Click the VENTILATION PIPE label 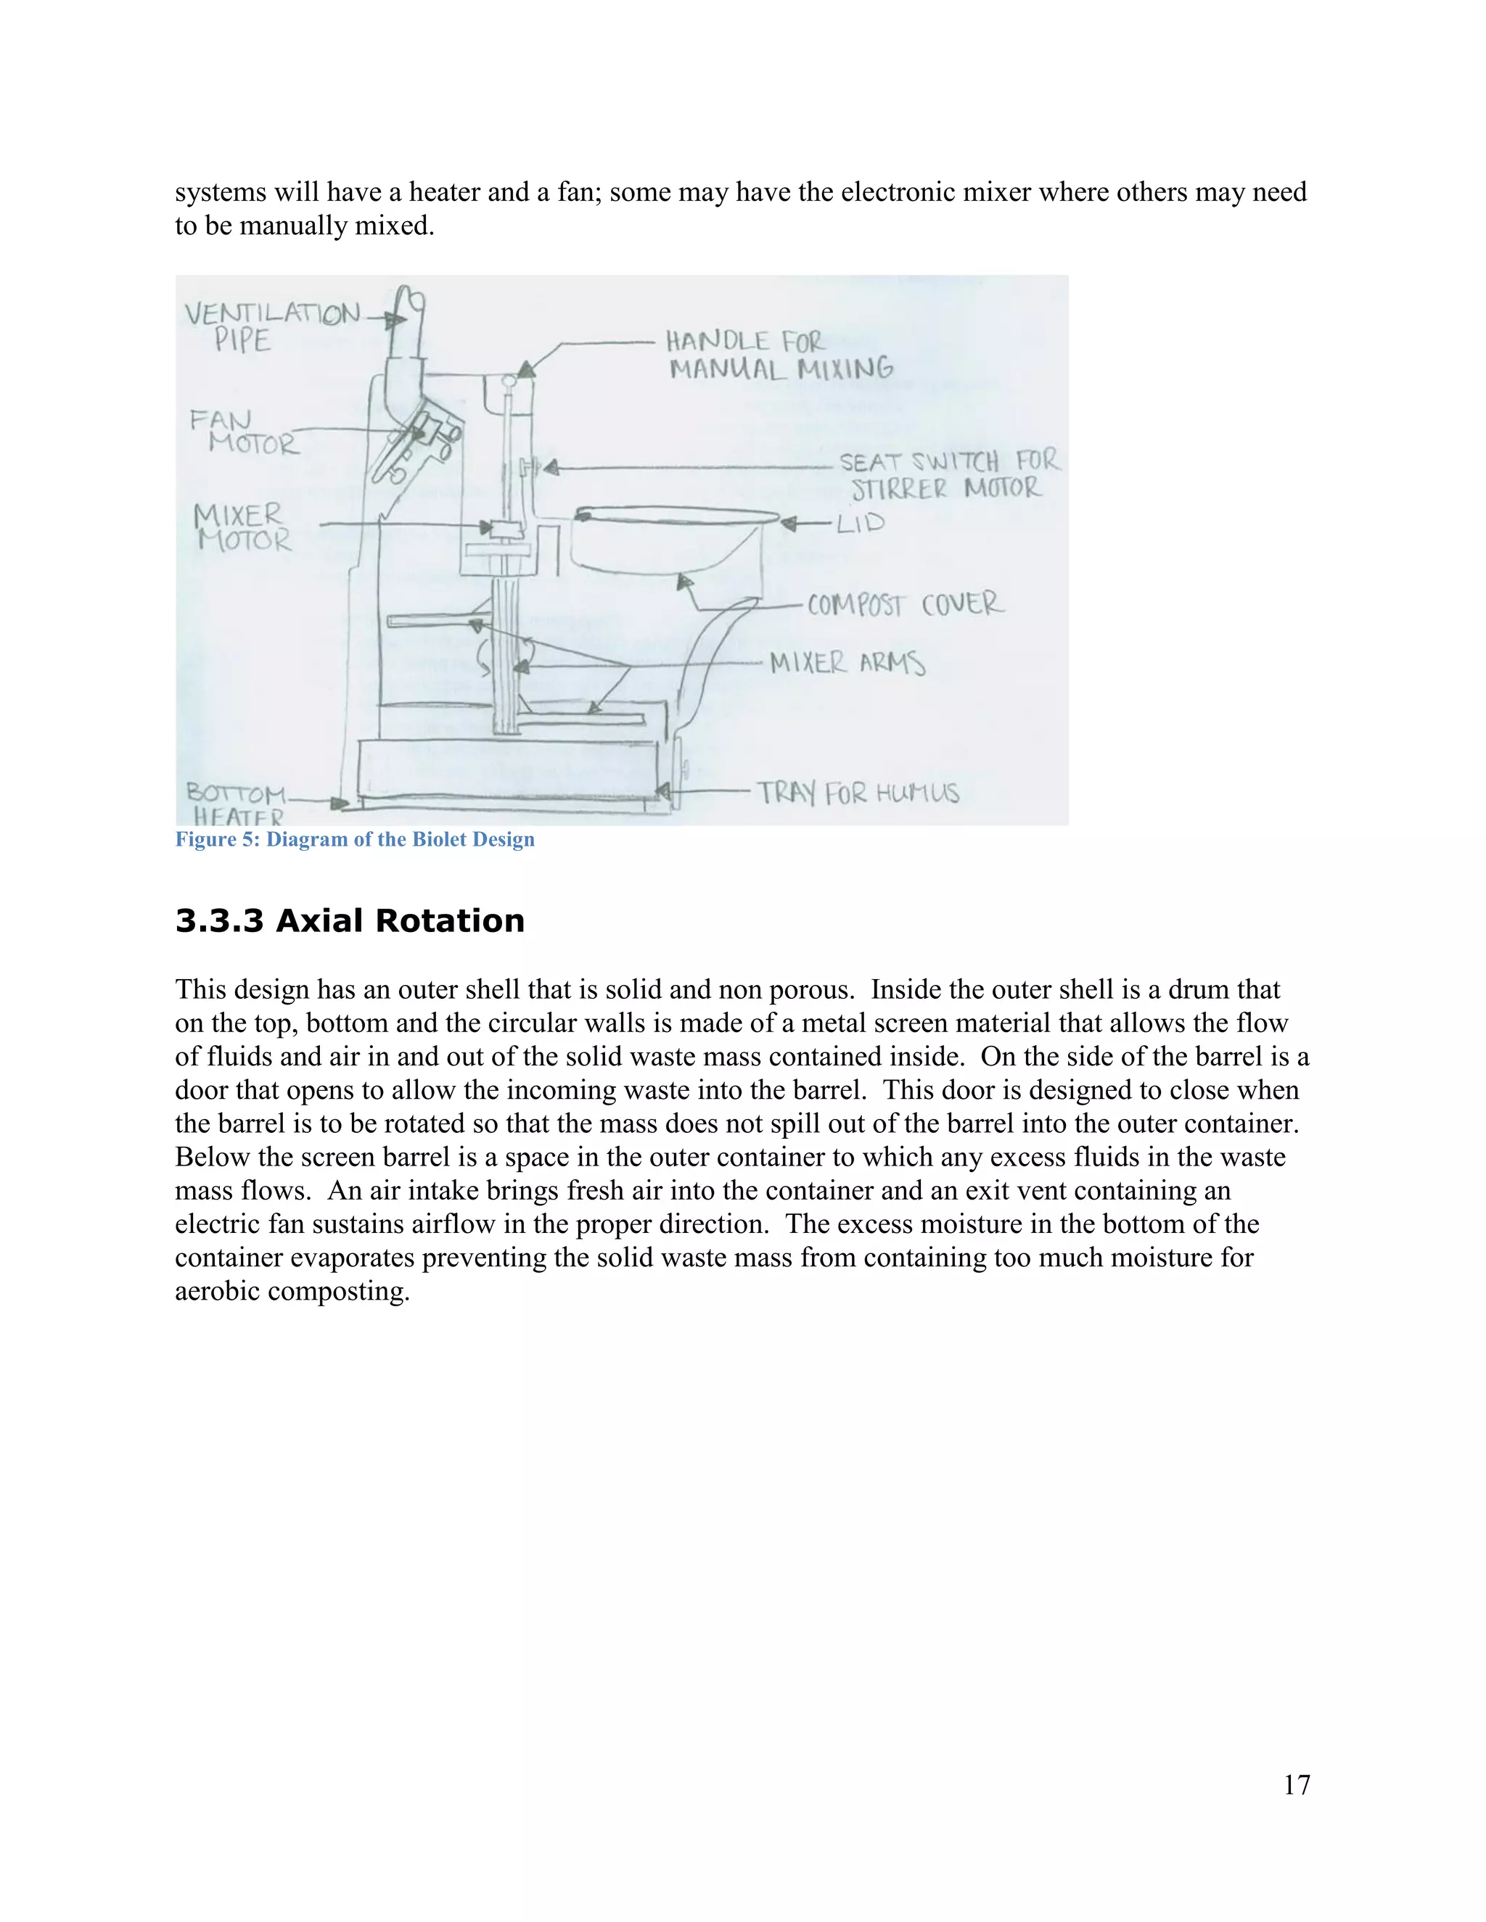(271, 326)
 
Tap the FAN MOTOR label (244, 432)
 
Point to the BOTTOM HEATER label (236, 804)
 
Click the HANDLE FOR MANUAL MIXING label (779, 354)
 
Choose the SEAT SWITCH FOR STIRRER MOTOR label (948, 474)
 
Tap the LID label (860, 524)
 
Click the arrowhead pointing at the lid (789, 524)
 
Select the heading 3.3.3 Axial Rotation (350, 920)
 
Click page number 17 (1296, 1784)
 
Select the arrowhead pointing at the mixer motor (485, 527)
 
